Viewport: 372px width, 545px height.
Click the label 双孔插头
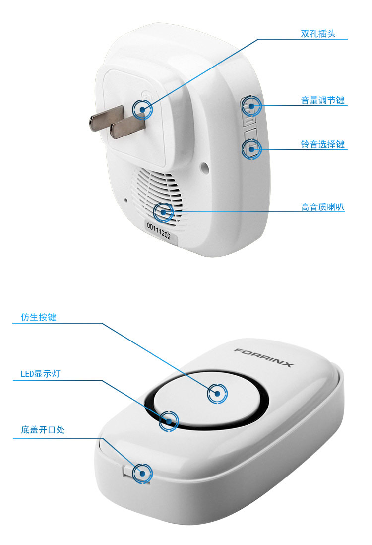click(x=318, y=34)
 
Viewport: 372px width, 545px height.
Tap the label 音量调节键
click(x=323, y=100)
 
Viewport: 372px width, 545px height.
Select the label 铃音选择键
click(x=323, y=144)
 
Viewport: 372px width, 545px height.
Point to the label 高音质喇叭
click(x=323, y=207)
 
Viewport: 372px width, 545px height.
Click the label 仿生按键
click(x=39, y=317)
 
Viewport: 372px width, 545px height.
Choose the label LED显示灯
click(x=40, y=374)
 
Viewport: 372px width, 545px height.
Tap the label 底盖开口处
click(x=43, y=430)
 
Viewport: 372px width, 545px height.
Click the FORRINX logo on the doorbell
click(x=264, y=357)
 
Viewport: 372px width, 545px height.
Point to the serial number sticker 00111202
click(x=159, y=231)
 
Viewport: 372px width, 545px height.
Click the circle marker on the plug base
click(x=142, y=110)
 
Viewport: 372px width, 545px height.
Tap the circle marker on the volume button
click(x=251, y=106)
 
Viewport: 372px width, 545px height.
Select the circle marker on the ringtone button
click(x=251, y=149)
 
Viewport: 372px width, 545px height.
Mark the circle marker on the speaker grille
click(x=163, y=212)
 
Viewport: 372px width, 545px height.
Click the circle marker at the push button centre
click(x=217, y=394)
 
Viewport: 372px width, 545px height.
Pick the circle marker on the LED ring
click(x=169, y=421)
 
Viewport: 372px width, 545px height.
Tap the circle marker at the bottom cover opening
click(x=142, y=474)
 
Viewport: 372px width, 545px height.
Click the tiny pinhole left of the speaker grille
click(x=126, y=200)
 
